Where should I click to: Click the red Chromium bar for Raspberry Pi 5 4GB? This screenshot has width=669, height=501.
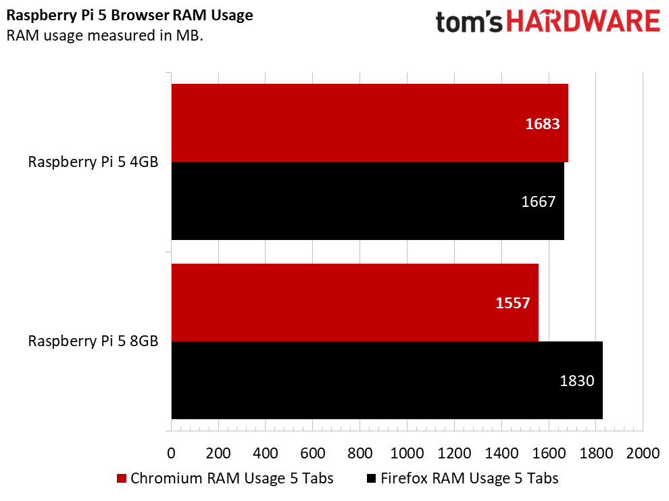[x=369, y=123]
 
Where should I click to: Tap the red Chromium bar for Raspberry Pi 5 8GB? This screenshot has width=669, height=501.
[x=355, y=302]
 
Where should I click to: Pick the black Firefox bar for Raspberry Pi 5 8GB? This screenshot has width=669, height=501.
[x=387, y=380]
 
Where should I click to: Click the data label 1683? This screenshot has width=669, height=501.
[x=543, y=124]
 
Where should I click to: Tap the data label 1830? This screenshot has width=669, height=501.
[x=576, y=381]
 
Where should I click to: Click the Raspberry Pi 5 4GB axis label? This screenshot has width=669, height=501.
[x=93, y=162]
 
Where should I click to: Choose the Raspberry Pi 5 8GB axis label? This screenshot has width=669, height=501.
[x=93, y=341]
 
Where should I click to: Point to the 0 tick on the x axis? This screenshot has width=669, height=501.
[x=171, y=452]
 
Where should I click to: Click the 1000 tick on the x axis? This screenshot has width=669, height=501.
[x=407, y=452]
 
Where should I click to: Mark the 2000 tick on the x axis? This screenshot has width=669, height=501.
[x=643, y=452]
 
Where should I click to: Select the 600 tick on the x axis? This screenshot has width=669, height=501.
[x=312, y=452]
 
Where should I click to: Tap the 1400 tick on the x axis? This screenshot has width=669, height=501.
[x=501, y=452]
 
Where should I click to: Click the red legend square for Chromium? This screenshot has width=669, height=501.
[x=122, y=479]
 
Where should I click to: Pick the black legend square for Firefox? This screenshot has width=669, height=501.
[x=371, y=479]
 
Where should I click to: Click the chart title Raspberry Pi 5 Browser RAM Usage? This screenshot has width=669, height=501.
[x=130, y=15]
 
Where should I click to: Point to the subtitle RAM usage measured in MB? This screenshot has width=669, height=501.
[x=105, y=35]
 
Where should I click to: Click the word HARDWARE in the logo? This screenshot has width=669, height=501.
[x=583, y=22]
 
